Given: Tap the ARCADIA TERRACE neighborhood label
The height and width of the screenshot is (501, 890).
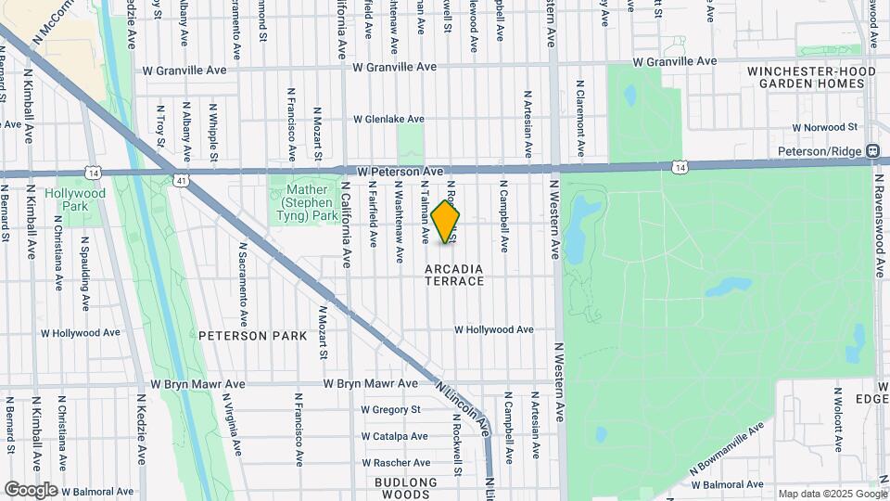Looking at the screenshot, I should coord(454,274).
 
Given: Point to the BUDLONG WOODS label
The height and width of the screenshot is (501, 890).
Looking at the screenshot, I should coord(406,488).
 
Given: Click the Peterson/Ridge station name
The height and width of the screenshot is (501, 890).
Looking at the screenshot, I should coord(820,150).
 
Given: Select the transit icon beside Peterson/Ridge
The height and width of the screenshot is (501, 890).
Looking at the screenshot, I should coord(872,150).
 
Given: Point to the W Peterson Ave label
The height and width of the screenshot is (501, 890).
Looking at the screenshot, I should coord(400,172).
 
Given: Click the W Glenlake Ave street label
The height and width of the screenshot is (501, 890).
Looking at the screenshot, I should coord(388,119).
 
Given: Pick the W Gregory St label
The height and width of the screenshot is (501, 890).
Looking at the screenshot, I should coord(390,409).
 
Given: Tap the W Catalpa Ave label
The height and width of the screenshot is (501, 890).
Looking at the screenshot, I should coord(393,435).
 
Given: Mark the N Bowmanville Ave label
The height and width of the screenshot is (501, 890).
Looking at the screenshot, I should coord(728,455).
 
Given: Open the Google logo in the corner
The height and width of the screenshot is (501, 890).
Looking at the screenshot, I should coord(31,489).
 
